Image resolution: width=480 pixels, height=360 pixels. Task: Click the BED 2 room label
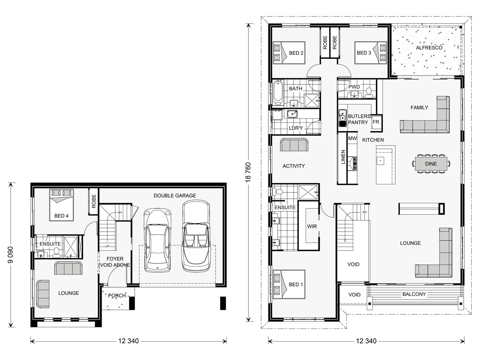click(296, 53)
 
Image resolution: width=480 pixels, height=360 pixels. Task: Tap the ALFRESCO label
click(429, 48)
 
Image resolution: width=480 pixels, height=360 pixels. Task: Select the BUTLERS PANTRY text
click(359, 119)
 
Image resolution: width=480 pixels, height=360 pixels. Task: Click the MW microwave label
click(352, 138)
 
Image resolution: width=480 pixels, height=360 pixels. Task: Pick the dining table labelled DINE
click(431, 164)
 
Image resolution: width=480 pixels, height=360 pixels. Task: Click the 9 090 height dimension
click(11, 254)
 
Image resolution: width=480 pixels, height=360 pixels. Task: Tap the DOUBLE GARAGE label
click(175, 196)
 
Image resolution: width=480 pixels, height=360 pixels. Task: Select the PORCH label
click(118, 296)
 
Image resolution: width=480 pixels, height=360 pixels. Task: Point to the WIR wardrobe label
click(312, 226)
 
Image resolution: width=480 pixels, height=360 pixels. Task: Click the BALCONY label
click(414, 294)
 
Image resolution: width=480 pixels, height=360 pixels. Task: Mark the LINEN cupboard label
click(342, 158)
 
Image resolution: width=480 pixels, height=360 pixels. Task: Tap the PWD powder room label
click(354, 87)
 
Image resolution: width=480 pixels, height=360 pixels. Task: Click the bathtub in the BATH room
click(278, 92)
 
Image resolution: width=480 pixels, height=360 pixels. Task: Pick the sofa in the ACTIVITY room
click(294, 145)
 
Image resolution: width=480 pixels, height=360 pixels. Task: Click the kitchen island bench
click(385, 165)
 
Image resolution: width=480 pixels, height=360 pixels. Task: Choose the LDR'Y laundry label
click(296, 128)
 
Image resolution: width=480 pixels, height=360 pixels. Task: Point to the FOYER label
click(115, 262)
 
